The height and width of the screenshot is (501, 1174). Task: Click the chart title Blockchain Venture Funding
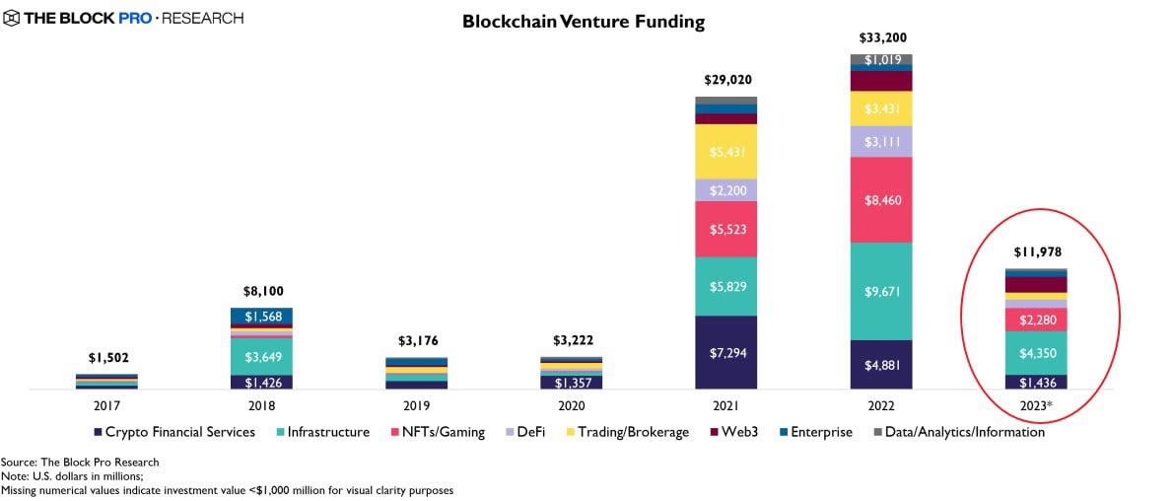pyautogui.click(x=584, y=22)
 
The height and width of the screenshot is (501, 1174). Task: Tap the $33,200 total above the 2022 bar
pyautogui.click(x=881, y=37)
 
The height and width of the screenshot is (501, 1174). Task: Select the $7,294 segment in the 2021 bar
pyautogui.click(x=725, y=352)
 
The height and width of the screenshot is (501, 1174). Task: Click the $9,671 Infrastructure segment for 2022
pyautogui.click(x=881, y=292)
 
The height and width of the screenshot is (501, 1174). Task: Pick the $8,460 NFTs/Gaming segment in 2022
pyautogui.click(x=881, y=200)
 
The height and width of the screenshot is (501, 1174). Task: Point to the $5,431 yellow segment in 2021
pyautogui.click(x=725, y=151)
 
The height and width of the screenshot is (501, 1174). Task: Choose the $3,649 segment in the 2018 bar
pyautogui.click(x=261, y=341)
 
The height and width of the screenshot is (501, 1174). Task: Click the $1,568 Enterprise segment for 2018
pyautogui.click(x=261, y=317)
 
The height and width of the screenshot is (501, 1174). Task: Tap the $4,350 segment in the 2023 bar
pyautogui.click(x=1036, y=352)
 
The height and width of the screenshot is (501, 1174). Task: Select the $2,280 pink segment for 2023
pyautogui.click(x=1036, y=320)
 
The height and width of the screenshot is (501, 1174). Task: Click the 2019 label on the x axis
pyautogui.click(x=416, y=404)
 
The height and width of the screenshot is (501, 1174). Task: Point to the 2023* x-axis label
pyautogui.click(x=1036, y=404)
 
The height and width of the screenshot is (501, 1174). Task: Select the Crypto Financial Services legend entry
pyautogui.click(x=174, y=432)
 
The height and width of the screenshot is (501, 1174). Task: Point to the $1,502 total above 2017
pyautogui.click(x=106, y=358)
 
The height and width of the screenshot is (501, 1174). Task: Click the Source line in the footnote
pyautogui.click(x=80, y=462)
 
